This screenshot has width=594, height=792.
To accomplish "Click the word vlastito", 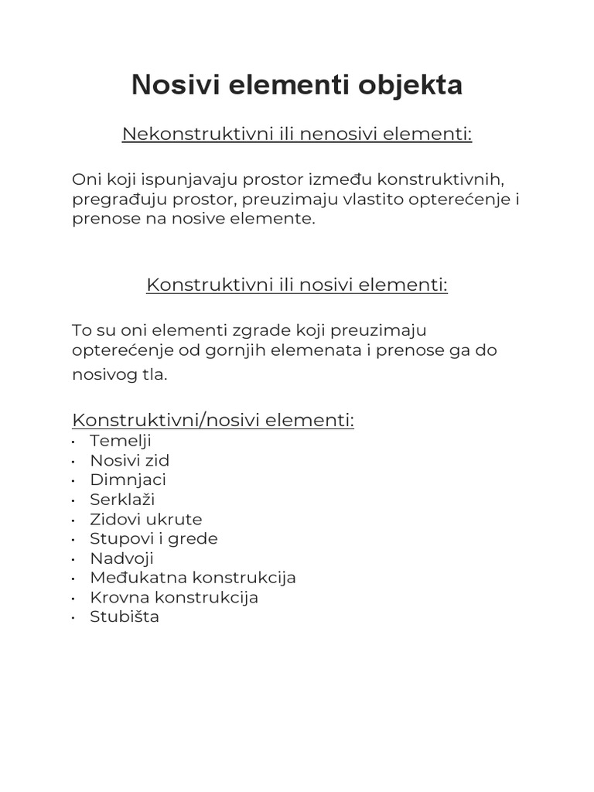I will tap(374, 200).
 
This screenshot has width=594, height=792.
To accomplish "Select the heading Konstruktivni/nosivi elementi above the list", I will tap(213, 420).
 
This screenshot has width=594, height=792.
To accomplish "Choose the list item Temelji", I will tap(120, 441).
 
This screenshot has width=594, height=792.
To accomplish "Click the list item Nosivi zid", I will tap(129, 461).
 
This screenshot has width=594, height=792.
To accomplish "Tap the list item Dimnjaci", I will tap(128, 480).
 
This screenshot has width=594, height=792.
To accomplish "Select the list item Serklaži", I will tap(122, 500).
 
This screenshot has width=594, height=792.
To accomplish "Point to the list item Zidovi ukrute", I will tap(145, 520).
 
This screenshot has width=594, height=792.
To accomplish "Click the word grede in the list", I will tap(198, 538).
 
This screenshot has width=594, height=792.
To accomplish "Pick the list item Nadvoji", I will tap(121, 558).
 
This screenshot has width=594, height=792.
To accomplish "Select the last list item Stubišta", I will tap(125, 617).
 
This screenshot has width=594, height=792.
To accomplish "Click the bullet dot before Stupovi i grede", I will tap(72, 539).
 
